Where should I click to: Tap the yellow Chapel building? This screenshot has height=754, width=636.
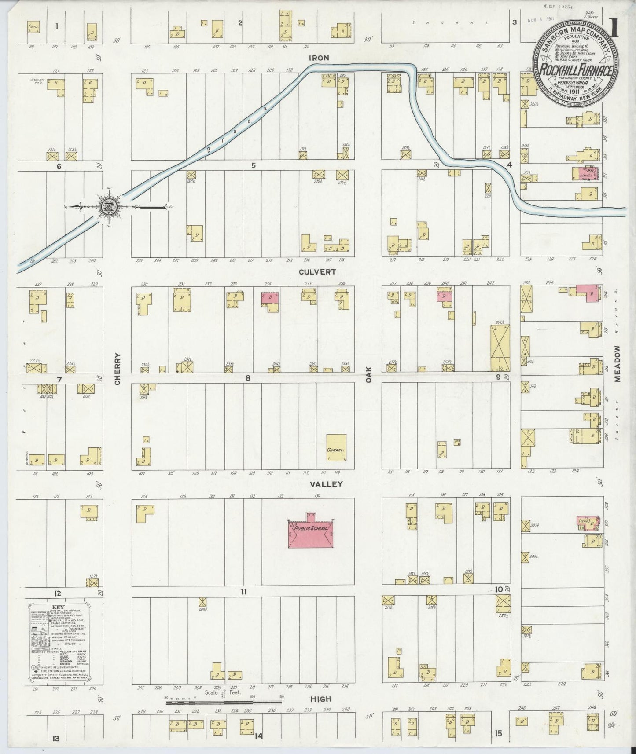pos(336,447)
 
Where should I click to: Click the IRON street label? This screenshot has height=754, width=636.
pos(319,58)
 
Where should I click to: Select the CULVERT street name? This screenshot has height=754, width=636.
pos(317,272)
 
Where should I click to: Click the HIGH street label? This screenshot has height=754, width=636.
pos(320,699)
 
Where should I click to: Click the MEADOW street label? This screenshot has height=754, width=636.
pos(618,363)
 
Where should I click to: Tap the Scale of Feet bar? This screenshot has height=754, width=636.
pos(224,703)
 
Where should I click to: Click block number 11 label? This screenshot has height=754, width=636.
pos(243,592)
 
